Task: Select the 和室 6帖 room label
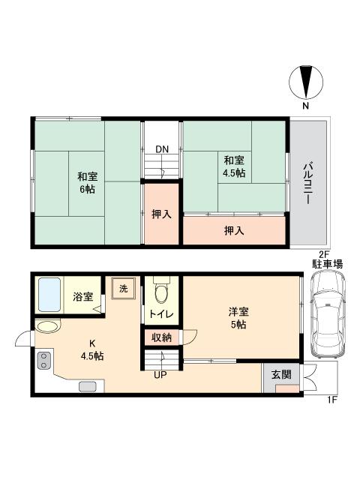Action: (86, 183)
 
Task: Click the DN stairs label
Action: (162, 148)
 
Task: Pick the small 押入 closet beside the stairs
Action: (162, 214)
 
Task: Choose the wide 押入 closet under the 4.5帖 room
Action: (234, 230)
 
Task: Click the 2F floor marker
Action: (324, 254)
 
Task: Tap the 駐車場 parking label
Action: (328, 264)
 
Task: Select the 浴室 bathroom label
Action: (83, 297)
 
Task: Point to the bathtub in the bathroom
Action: (49, 297)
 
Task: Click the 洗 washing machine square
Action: (122, 289)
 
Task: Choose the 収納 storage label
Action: (162, 337)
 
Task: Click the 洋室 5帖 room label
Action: (238, 319)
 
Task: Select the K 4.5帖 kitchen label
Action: (91, 349)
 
